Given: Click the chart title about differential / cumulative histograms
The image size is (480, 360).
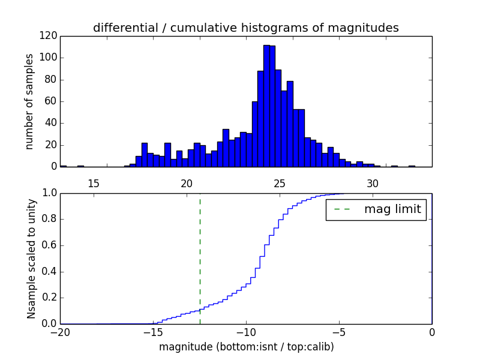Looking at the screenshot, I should [x=245, y=28].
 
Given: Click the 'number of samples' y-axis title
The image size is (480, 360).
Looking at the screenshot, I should [x=29, y=101].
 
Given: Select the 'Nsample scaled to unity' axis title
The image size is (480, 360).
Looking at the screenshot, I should [x=31, y=258].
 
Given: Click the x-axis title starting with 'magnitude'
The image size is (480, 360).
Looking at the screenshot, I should [x=246, y=347].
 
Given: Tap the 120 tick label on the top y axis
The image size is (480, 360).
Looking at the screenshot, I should [x=49, y=36].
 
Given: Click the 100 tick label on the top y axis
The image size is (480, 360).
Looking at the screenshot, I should [x=49, y=58].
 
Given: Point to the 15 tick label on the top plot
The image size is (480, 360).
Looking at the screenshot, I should [x=94, y=183].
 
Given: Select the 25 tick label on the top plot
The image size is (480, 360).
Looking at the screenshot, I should [x=280, y=183].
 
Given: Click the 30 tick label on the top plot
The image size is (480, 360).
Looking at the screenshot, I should [x=373, y=183].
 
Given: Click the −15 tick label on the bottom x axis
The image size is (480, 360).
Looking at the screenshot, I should [x=153, y=332].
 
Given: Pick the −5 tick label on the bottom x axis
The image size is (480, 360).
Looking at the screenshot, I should [x=339, y=332].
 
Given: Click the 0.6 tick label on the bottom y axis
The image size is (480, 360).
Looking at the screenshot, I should [x=50, y=245].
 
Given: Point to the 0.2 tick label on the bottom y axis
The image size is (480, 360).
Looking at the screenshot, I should [x=50, y=298].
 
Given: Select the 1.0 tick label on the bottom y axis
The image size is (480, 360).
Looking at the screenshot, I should [x=50, y=193].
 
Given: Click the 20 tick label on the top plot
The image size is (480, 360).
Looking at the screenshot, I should [x=187, y=183].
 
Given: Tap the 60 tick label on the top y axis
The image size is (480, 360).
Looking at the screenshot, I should [x=51, y=101].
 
